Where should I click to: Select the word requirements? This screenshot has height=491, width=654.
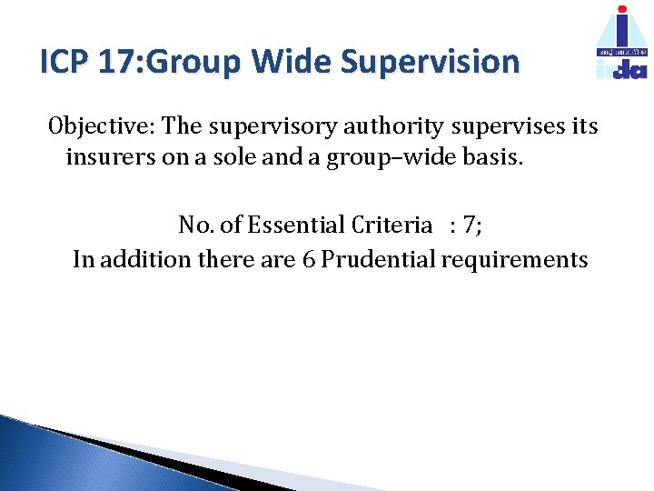click(x=515, y=260)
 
